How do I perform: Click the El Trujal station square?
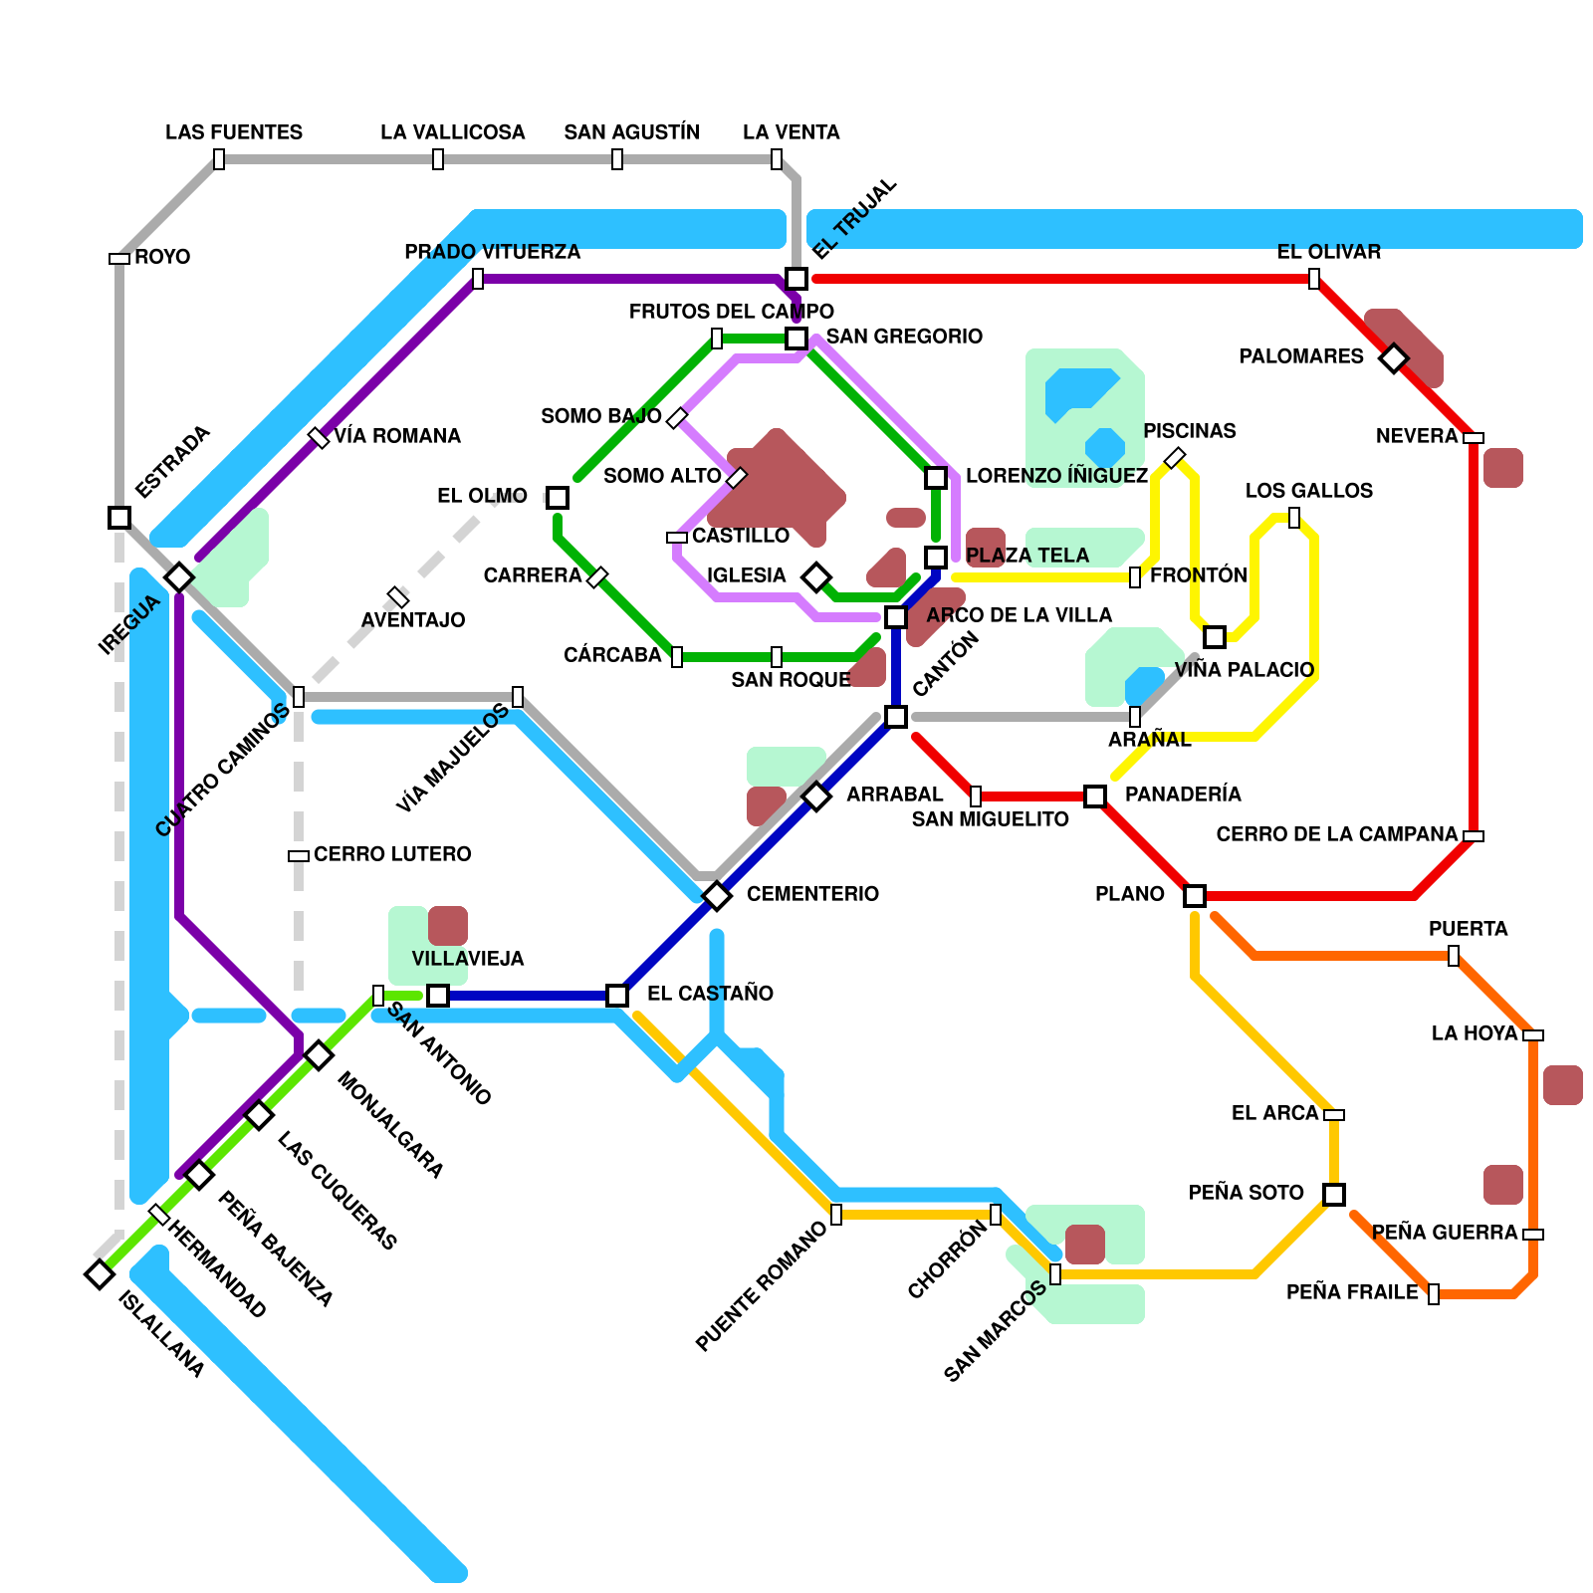(796, 279)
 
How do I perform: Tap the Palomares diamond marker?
(1394, 358)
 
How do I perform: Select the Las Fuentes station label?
(234, 132)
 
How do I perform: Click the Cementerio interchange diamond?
(717, 896)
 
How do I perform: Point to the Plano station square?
(1195, 896)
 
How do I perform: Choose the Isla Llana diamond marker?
(100, 1274)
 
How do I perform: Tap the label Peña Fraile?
(1352, 1292)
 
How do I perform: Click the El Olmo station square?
(558, 498)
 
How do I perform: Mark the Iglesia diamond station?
(816, 577)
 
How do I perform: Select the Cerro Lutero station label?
(392, 854)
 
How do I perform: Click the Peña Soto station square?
(1334, 1195)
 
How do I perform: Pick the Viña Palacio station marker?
(1215, 637)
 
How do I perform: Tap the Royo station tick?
(119, 259)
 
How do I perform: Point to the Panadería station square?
(1095, 796)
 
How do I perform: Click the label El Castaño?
(710, 994)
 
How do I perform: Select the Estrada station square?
(119, 518)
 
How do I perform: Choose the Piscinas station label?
(1190, 431)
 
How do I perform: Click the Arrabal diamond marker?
(816, 796)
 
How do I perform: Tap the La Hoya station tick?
(1533, 1035)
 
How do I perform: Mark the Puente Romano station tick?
(836, 1215)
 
